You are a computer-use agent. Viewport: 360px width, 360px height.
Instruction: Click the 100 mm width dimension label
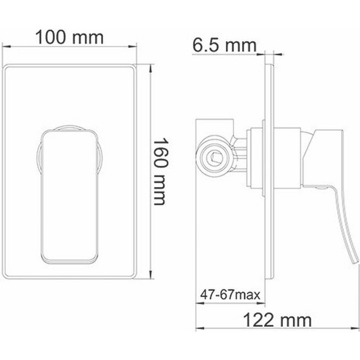[69, 37]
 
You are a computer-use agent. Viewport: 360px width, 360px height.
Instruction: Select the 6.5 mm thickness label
[224, 45]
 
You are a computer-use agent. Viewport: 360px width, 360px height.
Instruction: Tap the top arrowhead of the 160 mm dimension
[151, 65]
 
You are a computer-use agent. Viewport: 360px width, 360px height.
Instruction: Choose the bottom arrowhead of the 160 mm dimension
[151, 277]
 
